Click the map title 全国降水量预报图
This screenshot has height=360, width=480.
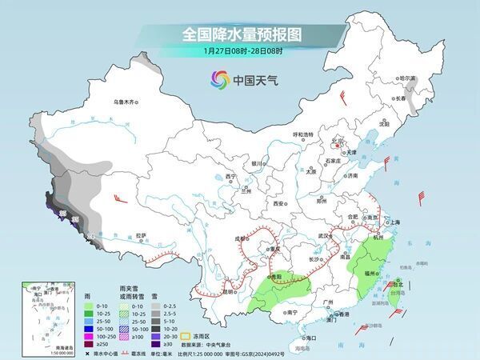(239, 34)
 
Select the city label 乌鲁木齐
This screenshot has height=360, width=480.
(126, 102)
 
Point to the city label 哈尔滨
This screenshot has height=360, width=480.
(408, 78)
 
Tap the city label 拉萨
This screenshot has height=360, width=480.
(142, 235)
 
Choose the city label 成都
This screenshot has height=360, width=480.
(242, 238)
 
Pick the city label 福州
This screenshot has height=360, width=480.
(369, 273)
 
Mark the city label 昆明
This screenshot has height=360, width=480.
(230, 290)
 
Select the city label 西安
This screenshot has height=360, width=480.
(278, 204)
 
